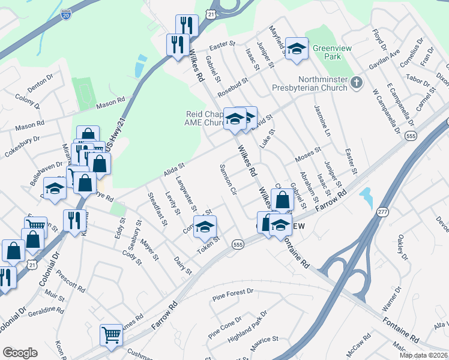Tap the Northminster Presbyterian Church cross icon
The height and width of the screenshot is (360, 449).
pos(357,82)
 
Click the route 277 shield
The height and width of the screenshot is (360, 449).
pos(382,212)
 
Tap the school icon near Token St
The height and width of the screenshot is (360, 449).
pos(205,227)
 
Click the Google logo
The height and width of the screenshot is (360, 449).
pos(20,353)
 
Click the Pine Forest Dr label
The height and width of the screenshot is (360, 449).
pos(234,294)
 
